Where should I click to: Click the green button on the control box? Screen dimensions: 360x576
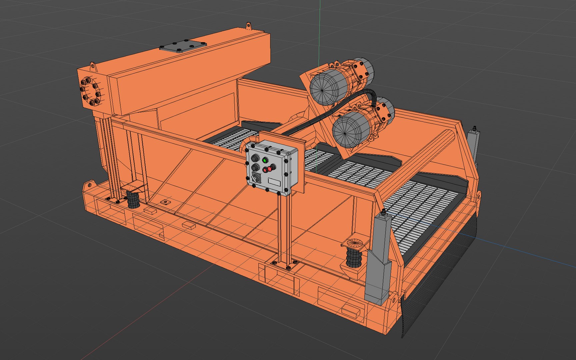[x=265, y=160]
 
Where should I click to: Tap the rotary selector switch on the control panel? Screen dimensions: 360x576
[x=256, y=178]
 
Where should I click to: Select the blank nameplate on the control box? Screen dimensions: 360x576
[x=274, y=182]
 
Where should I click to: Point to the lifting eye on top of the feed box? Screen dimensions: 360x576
[x=248, y=26]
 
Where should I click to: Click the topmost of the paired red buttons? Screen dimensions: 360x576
[x=269, y=169]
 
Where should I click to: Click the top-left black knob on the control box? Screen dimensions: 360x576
[x=255, y=157]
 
